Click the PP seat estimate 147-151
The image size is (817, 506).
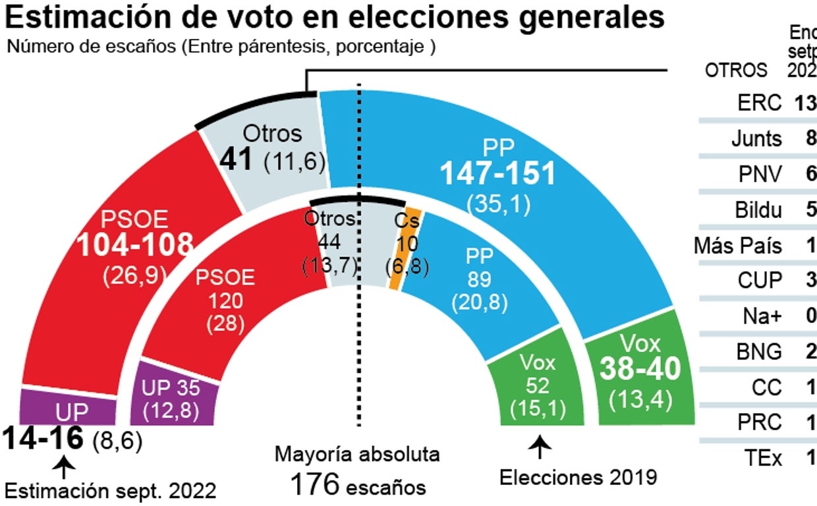pyautogui.click(x=498, y=174)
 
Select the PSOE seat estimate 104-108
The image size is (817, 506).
pyautogui.click(x=135, y=245)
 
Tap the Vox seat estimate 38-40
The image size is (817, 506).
pyautogui.click(x=639, y=370)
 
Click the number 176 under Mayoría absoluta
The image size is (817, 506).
pyautogui.click(x=315, y=486)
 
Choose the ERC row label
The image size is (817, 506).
pyautogui.click(x=760, y=103)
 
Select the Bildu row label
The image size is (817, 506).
pyautogui.click(x=758, y=210)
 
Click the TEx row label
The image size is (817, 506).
pyautogui.click(x=764, y=457)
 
